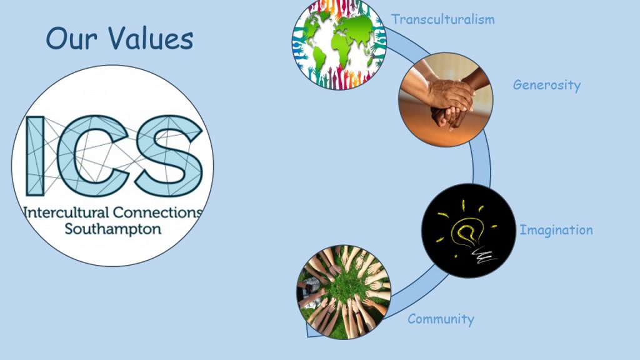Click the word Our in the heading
72,38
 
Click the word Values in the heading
151,38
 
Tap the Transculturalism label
443,19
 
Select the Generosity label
546,85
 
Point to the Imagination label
556,230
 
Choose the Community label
441,319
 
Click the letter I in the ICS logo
35,156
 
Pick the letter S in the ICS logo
169,156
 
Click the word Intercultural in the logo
66,212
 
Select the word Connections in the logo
157,212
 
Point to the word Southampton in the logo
113,229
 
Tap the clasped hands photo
446,99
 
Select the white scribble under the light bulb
484,256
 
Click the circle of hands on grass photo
344,292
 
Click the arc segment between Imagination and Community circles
416,294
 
